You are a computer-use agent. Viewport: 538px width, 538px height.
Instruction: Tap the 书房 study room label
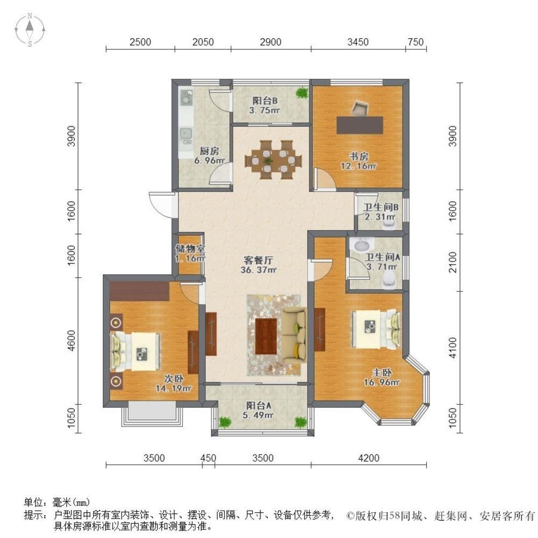click(359, 157)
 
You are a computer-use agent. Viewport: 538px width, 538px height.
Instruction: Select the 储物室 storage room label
click(190, 249)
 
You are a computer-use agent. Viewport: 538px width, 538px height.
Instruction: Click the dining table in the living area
click(273, 160)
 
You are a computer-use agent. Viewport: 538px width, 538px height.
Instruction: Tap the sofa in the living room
click(294, 334)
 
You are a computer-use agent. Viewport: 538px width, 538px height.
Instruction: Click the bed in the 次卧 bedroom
click(136, 351)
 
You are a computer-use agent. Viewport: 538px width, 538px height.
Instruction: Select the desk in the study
click(360, 124)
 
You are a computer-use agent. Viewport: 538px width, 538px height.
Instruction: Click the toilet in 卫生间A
click(388, 279)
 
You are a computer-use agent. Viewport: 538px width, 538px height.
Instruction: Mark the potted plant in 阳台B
click(301, 93)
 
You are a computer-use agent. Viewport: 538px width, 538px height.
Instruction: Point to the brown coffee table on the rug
click(266, 334)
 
